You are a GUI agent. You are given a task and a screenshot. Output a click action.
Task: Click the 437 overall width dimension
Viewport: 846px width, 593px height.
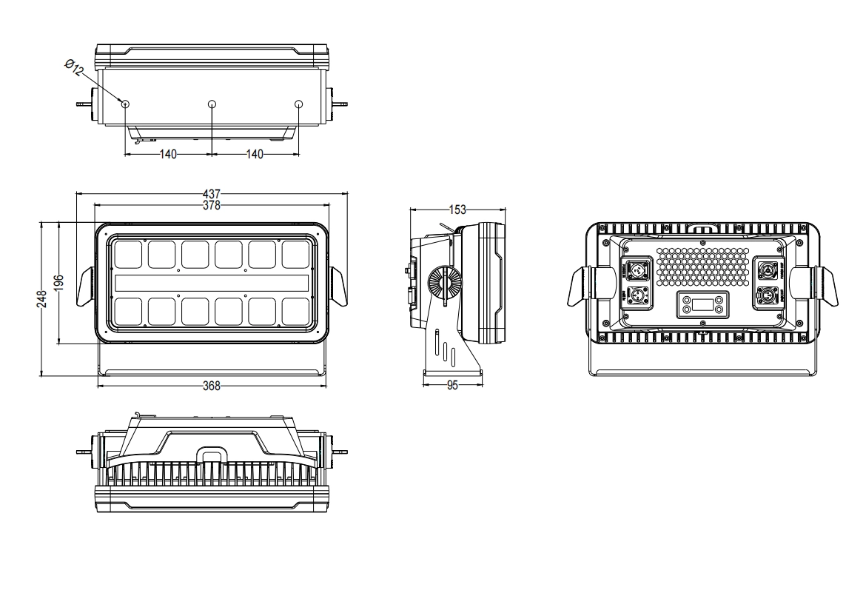click(x=212, y=194)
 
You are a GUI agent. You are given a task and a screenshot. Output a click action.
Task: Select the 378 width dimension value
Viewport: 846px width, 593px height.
click(x=212, y=204)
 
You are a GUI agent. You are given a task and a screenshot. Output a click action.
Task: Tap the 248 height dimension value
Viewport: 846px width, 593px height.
click(x=43, y=298)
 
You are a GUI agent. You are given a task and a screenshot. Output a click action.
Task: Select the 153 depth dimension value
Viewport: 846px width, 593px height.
click(x=459, y=210)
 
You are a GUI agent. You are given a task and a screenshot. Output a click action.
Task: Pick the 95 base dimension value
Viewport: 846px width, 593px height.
click(x=453, y=385)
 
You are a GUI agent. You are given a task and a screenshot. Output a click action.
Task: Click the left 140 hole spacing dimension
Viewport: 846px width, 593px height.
click(x=169, y=154)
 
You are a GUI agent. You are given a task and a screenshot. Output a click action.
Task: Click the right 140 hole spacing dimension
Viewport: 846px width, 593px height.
click(x=255, y=154)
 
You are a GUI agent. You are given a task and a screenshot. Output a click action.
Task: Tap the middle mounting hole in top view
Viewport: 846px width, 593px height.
click(x=212, y=104)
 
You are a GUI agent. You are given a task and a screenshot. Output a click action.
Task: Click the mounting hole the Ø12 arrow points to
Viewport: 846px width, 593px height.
click(x=126, y=104)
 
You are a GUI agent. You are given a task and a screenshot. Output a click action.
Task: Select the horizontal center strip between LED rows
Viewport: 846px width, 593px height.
click(x=212, y=283)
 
